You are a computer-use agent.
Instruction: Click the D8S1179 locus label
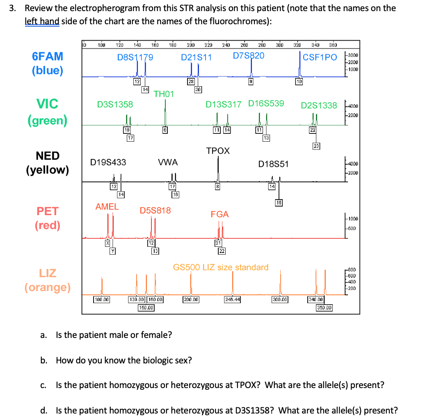pos(135,57)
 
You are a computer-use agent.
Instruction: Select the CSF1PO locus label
pos(320,57)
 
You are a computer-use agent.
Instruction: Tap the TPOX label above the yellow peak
pos(218,151)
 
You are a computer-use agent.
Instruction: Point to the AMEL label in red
pos(107,207)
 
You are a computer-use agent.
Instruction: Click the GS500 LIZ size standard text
pos(221,267)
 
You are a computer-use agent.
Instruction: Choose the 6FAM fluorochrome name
pos(48,56)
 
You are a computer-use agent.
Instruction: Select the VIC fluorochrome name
pos(48,104)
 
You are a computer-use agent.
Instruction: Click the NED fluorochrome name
pos(48,156)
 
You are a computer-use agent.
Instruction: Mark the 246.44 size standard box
pos(233,299)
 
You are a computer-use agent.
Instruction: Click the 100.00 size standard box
pos(102,299)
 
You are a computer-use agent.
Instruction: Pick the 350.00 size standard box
pos(324,307)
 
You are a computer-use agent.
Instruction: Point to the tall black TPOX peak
pos(218,168)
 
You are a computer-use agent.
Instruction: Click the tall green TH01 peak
pos(165,111)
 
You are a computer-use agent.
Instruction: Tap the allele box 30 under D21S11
pos(198,89)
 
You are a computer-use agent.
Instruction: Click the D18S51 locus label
pos(273,164)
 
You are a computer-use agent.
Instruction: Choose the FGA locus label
pos(219,214)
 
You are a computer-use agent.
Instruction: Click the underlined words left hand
pos(42,21)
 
